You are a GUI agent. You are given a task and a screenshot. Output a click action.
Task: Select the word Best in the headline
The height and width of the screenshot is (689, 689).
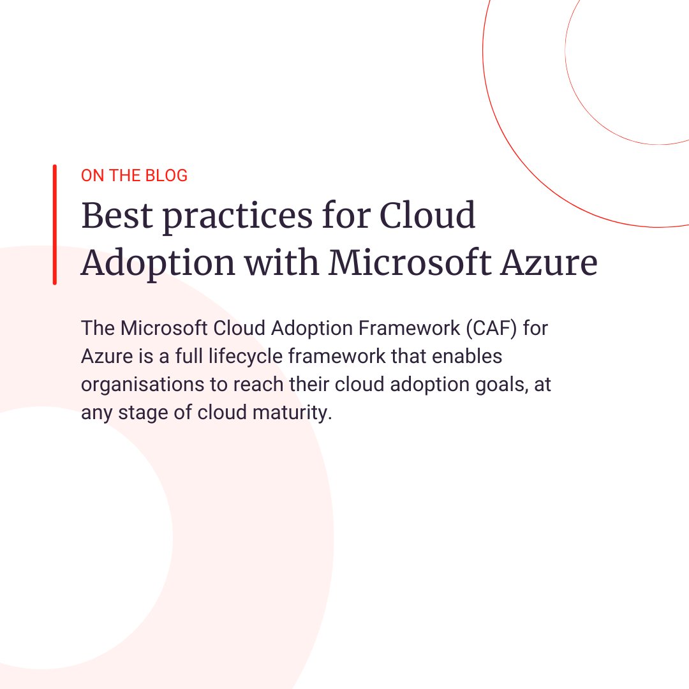(117, 216)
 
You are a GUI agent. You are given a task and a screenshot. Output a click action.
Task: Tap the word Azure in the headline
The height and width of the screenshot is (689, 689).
(548, 262)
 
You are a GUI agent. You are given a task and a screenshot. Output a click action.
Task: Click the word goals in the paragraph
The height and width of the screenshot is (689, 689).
(498, 385)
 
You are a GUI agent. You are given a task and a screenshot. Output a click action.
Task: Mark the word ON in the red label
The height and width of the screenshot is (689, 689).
(93, 175)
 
